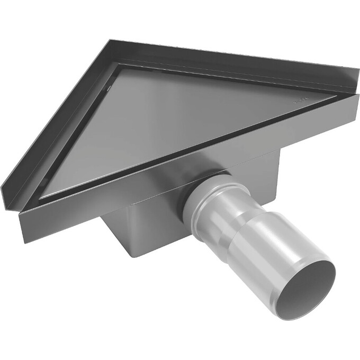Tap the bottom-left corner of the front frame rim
[22, 241]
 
